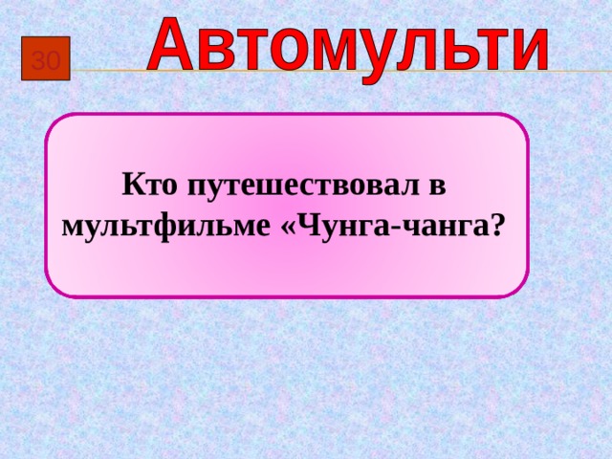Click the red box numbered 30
46,61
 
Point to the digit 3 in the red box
38,62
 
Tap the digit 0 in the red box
54,62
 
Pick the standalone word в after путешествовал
438,186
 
